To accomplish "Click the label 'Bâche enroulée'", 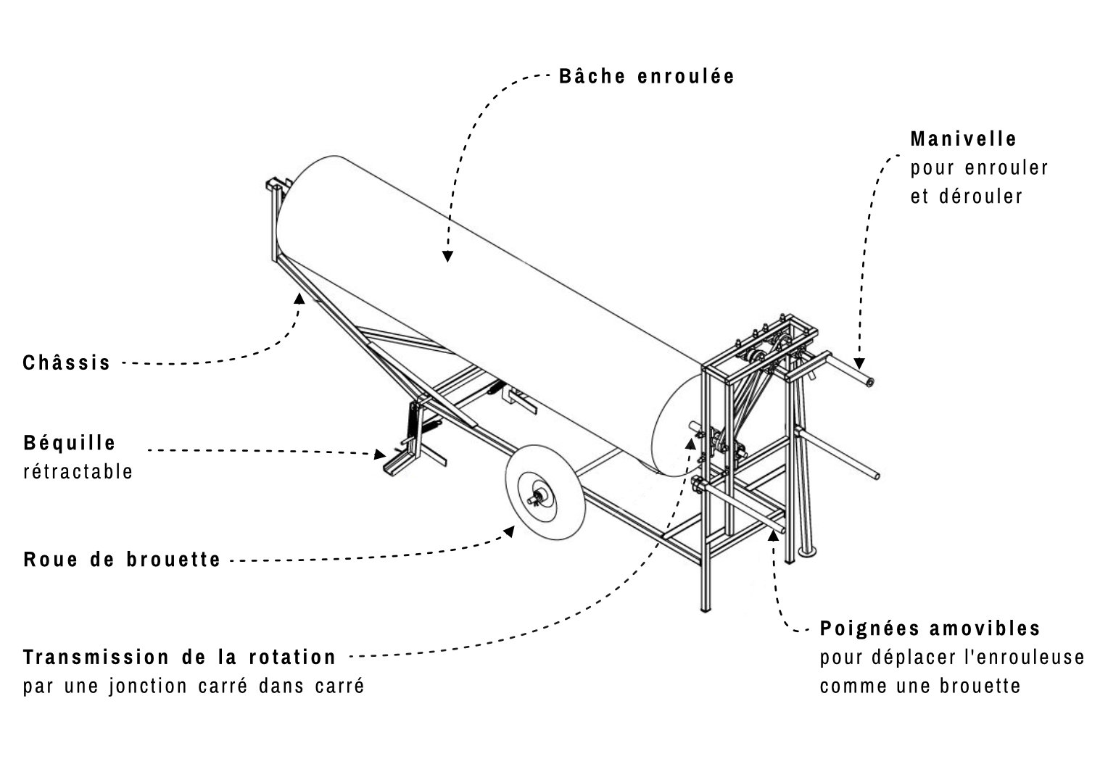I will click(x=646, y=77).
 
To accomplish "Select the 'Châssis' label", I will click(x=67, y=362).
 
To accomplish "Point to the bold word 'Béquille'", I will click(x=70, y=442).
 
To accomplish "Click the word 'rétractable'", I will click(x=78, y=472).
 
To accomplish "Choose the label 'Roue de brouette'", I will click(x=122, y=560).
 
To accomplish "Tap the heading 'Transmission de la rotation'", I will click(x=180, y=658).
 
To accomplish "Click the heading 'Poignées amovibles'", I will click(x=930, y=628).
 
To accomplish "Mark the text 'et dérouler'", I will click(x=967, y=196).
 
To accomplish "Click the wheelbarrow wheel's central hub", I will click(x=539, y=497).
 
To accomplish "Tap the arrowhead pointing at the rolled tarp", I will click(x=448, y=255).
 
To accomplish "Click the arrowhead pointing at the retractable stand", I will click(x=379, y=455).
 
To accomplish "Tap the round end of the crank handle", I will click(x=868, y=381).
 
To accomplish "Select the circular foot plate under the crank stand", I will click(x=809, y=553).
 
